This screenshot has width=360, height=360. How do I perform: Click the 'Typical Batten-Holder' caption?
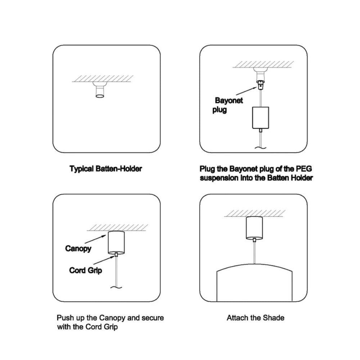106,169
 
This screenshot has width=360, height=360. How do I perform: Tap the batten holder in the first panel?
100,90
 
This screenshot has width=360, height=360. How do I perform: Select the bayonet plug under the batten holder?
259,85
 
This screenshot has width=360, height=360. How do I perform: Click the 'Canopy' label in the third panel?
78,248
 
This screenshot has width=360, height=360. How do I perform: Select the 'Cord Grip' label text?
85,270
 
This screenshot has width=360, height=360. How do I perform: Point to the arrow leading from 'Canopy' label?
97,240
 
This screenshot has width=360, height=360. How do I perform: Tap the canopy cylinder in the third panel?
116,242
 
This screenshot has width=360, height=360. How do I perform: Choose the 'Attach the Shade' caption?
255,318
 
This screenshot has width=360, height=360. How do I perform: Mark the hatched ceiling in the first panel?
102,78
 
